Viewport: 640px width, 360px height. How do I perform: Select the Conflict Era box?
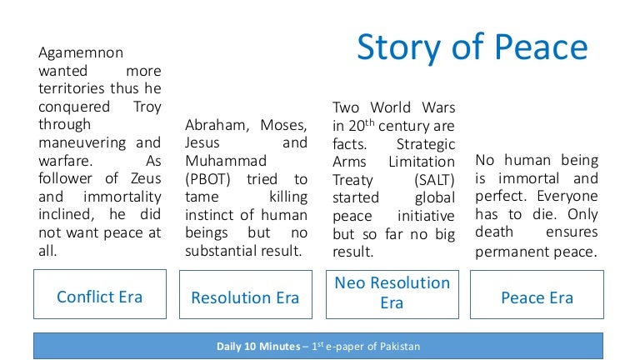(x=99, y=296)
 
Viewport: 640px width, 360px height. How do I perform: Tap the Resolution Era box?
(x=245, y=297)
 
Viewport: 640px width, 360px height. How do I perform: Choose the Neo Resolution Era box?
(x=392, y=292)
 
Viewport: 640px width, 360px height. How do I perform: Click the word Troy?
(x=147, y=107)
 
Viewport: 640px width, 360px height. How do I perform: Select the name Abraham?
(x=217, y=125)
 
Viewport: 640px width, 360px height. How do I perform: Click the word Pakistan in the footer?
(x=398, y=346)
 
